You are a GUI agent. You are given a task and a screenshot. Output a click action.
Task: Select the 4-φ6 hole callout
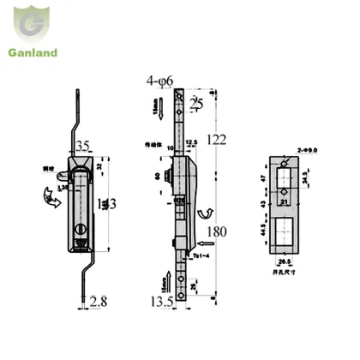[161, 81]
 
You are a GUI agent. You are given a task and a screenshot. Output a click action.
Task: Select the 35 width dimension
[81, 146]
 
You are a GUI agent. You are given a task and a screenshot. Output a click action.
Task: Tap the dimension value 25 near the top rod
[196, 104]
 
